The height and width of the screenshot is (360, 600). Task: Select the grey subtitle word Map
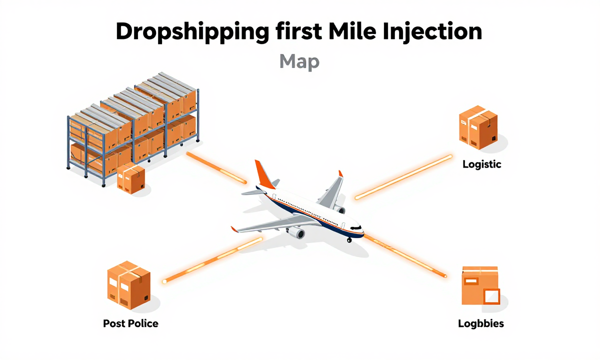click(299, 62)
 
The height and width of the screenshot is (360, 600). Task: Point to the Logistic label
click(481, 164)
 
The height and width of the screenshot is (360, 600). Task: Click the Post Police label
click(130, 323)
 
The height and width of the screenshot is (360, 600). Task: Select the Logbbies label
click(480, 323)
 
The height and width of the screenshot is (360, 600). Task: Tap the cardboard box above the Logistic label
click(478, 127)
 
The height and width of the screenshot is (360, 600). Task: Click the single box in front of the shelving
click(131, 178)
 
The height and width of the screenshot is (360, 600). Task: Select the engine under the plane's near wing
click(296, 232)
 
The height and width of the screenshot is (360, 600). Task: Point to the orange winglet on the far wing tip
click(340, 173)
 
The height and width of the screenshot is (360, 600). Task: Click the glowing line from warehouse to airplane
click(216, 167)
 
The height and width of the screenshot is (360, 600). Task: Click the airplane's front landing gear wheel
click(349, 240)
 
